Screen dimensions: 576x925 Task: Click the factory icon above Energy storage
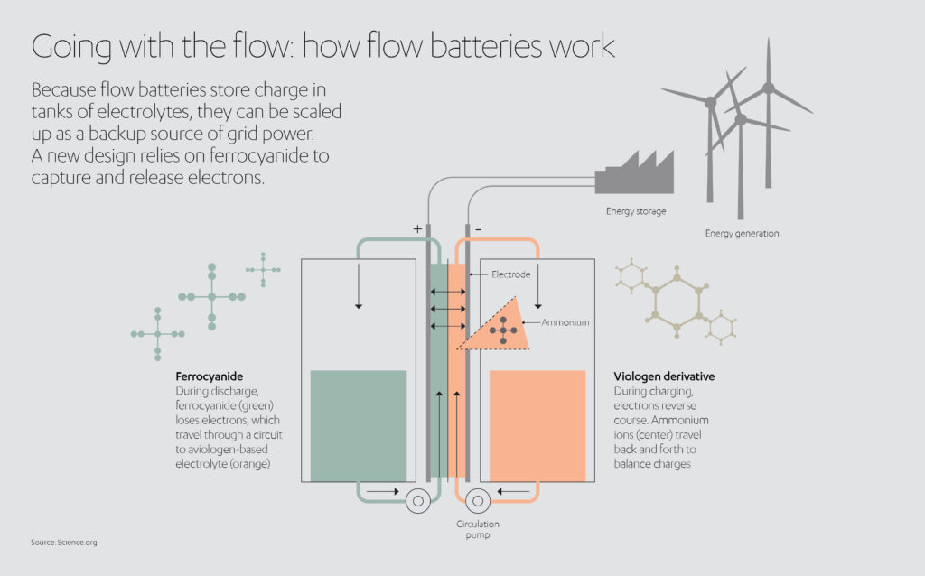point(634,173)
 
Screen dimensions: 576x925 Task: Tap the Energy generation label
point(742,234)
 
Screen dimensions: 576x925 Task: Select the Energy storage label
point(636,211)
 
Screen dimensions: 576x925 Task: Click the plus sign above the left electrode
point(417,229)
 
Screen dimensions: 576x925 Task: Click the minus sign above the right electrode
point(478,229)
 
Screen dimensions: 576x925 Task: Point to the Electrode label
point(510,274)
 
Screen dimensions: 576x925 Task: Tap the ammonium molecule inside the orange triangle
point(503,330)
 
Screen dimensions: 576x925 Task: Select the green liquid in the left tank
point(358,424)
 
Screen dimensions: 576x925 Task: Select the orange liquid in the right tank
point(537,424)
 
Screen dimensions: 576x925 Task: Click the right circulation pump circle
point(478,502)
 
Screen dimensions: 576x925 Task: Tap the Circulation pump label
point(477,529)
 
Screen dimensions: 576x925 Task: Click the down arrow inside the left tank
point(359,286)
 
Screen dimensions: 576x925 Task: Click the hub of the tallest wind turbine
point(768,88)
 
